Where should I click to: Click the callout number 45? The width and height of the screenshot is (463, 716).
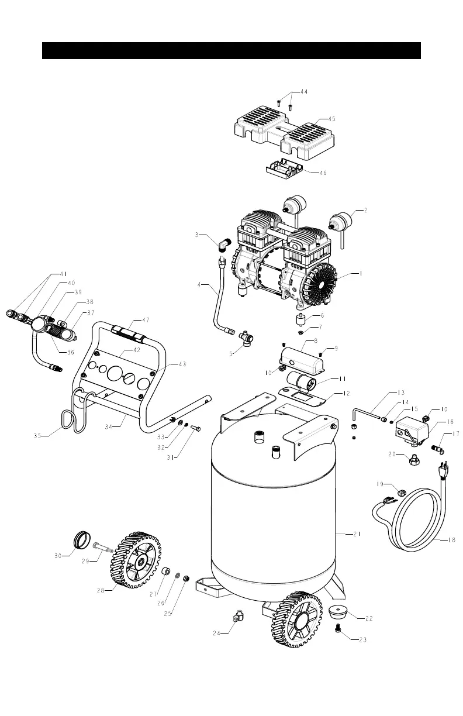pyautogui.click(x=331, y=119)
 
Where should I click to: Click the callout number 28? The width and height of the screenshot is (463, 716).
pyautogui.click(x=102, y=591)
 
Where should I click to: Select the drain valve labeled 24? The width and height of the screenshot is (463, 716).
pyautogui.click(x=237, y=617)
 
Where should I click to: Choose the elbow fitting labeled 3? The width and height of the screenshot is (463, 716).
pyautogui.click(x=223, y=244)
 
